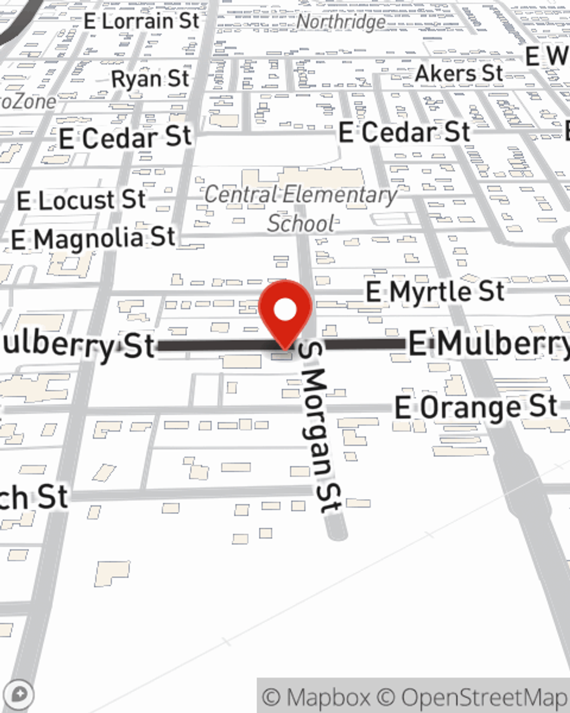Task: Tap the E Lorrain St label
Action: pos(142,22)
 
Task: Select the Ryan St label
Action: pos(150,79)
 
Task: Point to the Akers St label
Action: pos(459,74)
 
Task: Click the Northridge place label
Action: pos(341,22)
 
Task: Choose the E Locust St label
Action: pos(82,200)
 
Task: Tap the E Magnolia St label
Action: pos(93,238)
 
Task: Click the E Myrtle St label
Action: pos(435,291)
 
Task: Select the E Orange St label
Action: pos(476,407)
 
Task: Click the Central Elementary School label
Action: pos(301,208)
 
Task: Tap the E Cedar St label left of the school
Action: pos(125,138)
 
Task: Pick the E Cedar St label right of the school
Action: pos(404,132)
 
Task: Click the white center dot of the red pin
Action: pos(285,310)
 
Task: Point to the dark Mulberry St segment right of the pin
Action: pos(365,344)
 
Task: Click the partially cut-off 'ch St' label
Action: pos(34,497)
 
